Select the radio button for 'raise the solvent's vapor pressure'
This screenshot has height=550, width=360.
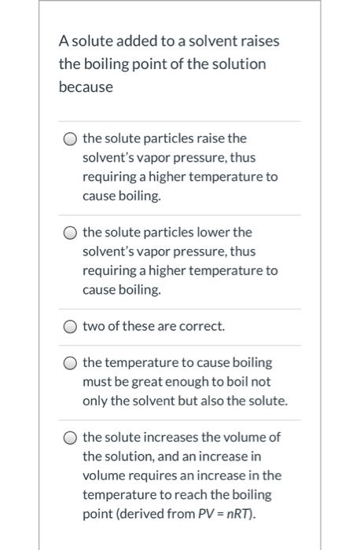click(69, 140)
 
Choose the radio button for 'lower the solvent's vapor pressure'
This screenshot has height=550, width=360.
click(69, 233)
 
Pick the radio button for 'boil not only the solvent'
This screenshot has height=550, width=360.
click(69, 364)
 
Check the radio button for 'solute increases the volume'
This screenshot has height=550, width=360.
click(69, 438)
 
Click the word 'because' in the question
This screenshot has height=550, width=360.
click(86, 86)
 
